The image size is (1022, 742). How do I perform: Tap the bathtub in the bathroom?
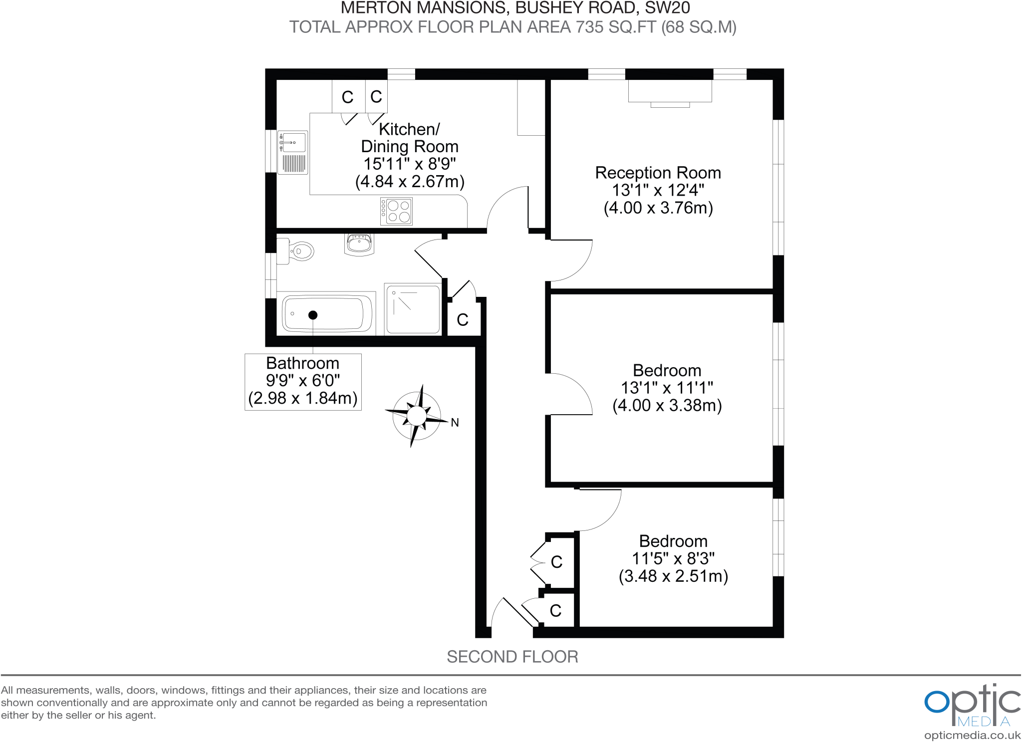click(x=327, y=313)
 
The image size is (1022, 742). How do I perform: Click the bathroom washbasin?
click(x=359, y=245)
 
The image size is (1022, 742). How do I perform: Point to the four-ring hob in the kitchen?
click(x=397, y=211)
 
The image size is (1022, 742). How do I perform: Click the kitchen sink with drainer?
click(x=293, y=152)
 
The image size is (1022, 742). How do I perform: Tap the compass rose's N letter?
click(x=455, y=423)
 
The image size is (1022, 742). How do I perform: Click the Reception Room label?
click(x=658, y=173)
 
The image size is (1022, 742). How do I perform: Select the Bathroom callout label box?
click(x=303, y=382)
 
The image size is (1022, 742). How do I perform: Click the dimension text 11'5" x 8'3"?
click(x=673, y=558)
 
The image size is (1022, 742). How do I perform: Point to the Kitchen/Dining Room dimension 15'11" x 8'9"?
click(x=409, y=164)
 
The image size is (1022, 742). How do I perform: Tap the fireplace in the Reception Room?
click(x=670, y=93)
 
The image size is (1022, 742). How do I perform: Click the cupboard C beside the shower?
click(x=463, y=319)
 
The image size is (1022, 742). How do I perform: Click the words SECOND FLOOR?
click(x=512, y=657)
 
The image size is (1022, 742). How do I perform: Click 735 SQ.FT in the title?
click(x=616, y=27)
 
